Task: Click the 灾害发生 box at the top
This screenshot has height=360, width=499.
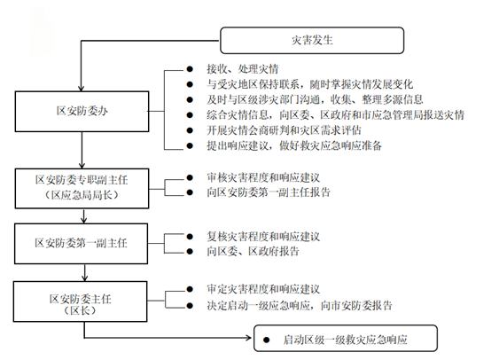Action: coord(312,41)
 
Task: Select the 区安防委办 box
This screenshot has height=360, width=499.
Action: coord(82,112)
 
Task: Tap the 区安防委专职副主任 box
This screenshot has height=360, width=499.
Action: coord(82,189)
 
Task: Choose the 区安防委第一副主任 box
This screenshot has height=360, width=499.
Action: coord(82,244)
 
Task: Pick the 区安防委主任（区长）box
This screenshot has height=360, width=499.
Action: coord(80,301)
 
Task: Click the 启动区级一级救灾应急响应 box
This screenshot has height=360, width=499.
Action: coord(346,338)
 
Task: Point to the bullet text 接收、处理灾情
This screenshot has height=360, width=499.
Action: coord(243,69)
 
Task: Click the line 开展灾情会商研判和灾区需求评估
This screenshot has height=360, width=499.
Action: coord(284,130)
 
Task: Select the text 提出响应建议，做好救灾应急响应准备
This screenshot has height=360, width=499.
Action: coord(294,145)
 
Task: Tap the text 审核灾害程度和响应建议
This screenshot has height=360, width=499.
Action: coord(263,177)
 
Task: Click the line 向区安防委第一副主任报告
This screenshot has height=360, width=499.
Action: coord(269,192)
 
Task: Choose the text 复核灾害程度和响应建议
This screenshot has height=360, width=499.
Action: coord(263,237)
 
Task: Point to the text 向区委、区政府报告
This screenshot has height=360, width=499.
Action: coord(253,252)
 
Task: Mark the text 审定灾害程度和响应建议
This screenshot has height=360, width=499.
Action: coord(263,289)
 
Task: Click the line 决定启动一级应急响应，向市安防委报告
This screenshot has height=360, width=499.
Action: coord(300,306)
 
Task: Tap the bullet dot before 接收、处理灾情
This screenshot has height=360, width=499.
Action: coord(190,69)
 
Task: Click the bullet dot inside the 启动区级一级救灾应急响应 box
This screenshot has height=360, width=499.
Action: coord(267,340)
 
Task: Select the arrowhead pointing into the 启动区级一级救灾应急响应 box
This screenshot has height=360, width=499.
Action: coord(249,338)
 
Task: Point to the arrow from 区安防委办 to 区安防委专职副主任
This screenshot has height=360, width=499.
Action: coord(82,150)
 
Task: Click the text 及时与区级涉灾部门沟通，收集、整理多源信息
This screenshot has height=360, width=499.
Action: coord(315,99)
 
